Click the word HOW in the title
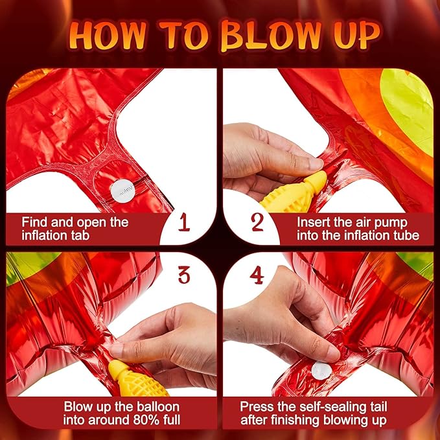pyautogui.click(x=107, y=35)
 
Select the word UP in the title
pyautogui.click(x=357, y=34)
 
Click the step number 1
pyautogui.click(x=184, y=222)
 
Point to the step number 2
pyautogui.click(x=257, y=222)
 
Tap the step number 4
pyautogui.click(x=257, y=275)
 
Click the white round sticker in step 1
pyautogui.click(x=123, y=191)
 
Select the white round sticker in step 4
pyautogui.click(x=321, y=371)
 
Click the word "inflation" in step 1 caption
pyautogui.click(x=42, y=235)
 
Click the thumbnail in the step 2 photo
pyautogui.click(x=316, y=165)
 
